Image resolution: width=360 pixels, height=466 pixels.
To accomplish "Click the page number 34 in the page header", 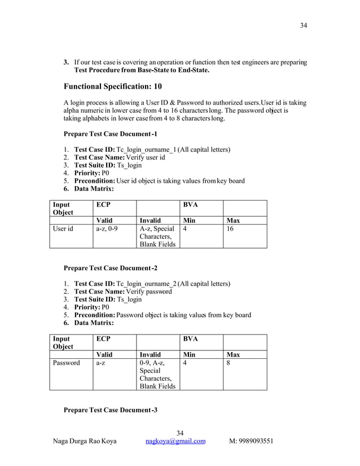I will [303, 25].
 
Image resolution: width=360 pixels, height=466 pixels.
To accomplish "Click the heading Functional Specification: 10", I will [113, 87].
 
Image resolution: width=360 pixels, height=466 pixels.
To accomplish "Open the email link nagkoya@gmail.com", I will [175, 441].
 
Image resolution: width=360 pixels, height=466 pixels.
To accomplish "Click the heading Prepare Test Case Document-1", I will [111, 134].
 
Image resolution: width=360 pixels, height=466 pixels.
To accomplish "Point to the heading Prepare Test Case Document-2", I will [111, 267].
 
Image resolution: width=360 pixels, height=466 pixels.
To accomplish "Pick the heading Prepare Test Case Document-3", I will [111, 409].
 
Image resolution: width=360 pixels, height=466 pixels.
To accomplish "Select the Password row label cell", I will [67, 363].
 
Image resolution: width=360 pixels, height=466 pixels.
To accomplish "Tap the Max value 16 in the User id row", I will [230, 230].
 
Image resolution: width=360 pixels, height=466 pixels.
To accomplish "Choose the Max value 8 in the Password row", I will [229, 363].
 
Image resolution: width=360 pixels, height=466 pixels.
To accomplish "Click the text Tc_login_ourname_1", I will [146, 150].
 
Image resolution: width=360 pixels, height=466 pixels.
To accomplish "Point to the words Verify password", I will [150, 291].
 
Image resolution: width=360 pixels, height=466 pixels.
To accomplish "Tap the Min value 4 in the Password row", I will [186, 363].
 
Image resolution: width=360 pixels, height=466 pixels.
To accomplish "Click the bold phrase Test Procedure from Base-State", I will [127, 71].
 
